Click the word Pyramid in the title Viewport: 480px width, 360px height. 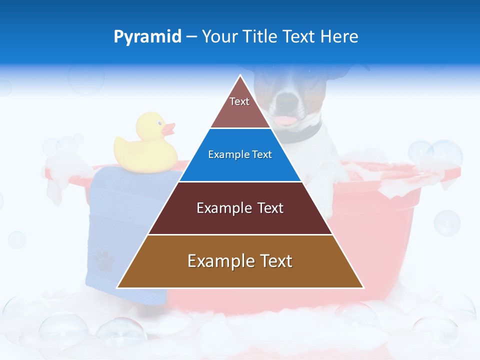(x=147, y=36)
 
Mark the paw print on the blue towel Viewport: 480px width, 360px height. (x=104, y=260)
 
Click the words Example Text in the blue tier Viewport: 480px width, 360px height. (x=240, y=154)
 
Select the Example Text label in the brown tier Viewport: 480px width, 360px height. (x=240, y=261)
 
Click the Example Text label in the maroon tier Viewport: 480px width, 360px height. (x=240, y=208)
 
